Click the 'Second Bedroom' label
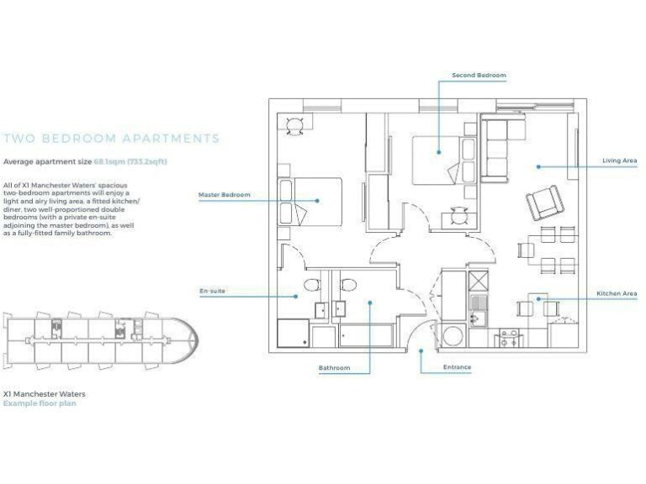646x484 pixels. coord(479,76)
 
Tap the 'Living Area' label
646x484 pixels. coord(619,160)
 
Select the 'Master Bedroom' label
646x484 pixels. coord(224,195)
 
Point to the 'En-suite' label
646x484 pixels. coord(212,291)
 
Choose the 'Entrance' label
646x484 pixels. coord(457,367)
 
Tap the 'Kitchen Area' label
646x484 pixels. coord(617,293)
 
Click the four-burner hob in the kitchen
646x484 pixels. coord(511,339)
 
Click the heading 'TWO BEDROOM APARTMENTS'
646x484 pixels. coord(112,139)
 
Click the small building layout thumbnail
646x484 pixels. coord(101,340)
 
